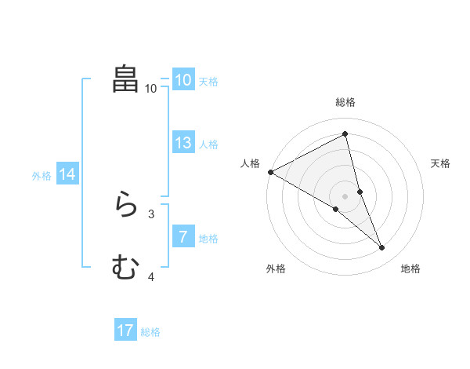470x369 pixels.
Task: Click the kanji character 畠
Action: tap(126, 79)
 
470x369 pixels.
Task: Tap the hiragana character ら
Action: tap(126, 205)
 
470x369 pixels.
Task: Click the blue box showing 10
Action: tap(183, 80)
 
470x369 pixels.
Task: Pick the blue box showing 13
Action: tap(183, 143)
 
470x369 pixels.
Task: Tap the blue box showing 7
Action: tap(183, 237)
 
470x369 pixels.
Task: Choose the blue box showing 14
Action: tap(67, 174)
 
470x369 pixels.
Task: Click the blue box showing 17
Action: tap(125, 331)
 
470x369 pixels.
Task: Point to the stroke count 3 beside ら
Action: tap(151, 214)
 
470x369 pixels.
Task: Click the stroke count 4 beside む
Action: tap(151, 276)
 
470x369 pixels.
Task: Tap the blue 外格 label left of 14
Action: tap(42, 176)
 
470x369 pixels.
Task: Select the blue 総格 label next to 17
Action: tap(150, 332)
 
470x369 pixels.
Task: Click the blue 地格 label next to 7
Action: tap(208, 239)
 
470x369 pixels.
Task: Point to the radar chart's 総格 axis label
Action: tap(345, 102)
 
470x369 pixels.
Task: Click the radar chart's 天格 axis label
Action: tap(441, 163)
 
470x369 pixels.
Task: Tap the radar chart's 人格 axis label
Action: tap(250, 163)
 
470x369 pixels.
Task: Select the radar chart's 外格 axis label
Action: tap(275, 269)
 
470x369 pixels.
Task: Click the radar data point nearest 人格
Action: tap(270, 172)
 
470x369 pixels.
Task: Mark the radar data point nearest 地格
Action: tap(382, 248)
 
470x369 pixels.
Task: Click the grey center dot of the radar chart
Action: tap(345, 196)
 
